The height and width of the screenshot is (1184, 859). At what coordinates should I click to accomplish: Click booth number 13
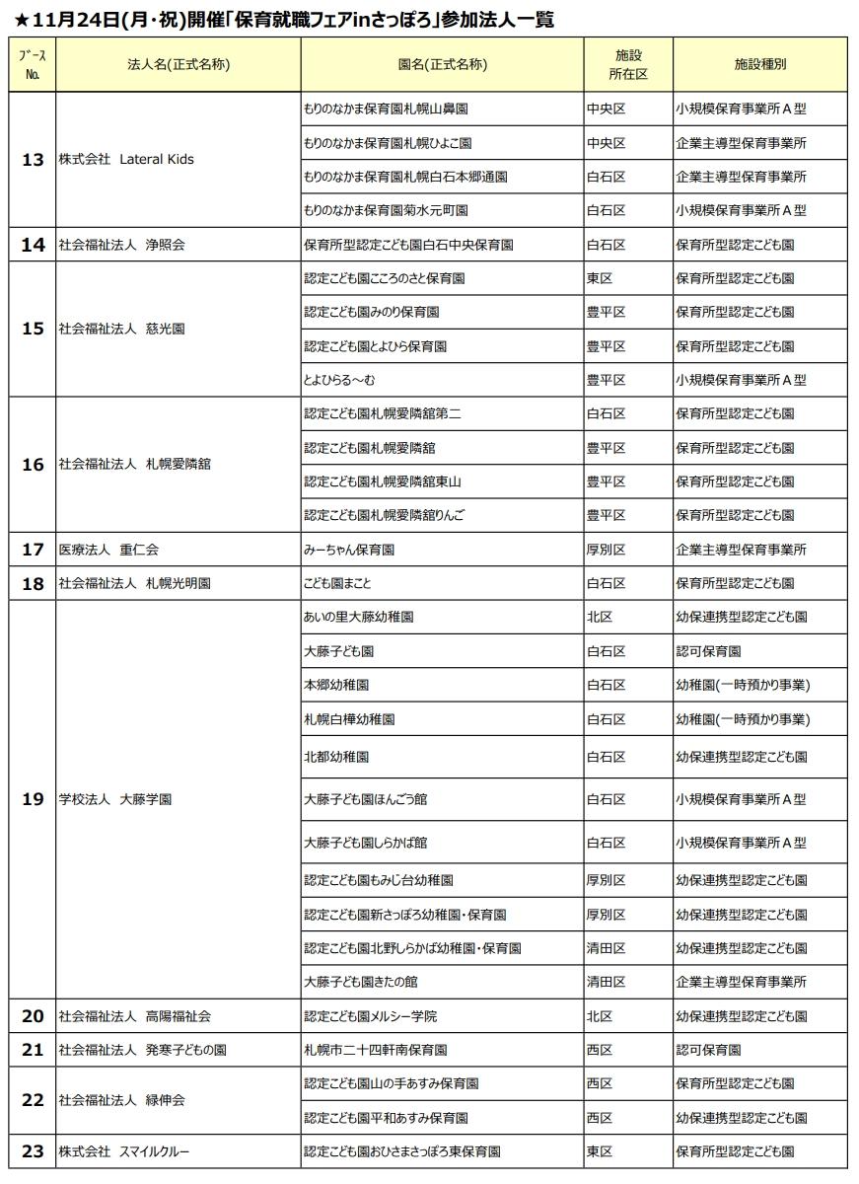tap(33, 160)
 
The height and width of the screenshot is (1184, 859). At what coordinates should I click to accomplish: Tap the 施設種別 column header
tap(760, 65)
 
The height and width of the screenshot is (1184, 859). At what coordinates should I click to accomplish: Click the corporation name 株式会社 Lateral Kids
tap(124, 160)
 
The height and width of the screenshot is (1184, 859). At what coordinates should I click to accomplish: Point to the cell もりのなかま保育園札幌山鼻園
tap(390, 110)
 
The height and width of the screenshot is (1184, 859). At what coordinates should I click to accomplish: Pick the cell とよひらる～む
tap(340, 380)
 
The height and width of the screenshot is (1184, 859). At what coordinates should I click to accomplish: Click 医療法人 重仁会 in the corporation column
tap(108, 550)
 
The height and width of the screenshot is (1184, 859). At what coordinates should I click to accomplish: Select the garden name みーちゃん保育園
tap(350, 550)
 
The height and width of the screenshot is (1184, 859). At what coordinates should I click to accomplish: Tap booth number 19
tap(33, 799)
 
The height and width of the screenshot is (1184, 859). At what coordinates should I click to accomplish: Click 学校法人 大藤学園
tap(115, 799)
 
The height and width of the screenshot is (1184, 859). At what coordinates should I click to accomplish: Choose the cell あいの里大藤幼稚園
tap(359, 617)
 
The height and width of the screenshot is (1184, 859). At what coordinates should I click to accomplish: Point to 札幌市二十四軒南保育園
tap(376, 1050)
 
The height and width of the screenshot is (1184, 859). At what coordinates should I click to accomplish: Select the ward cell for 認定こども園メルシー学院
tap(600, 1016)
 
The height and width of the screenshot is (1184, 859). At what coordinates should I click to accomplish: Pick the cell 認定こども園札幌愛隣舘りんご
tap(384, 515)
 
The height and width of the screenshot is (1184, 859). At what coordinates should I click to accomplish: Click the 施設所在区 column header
tap(627, 65)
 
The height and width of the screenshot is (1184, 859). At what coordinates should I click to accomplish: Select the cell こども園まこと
tap(338, 583)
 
